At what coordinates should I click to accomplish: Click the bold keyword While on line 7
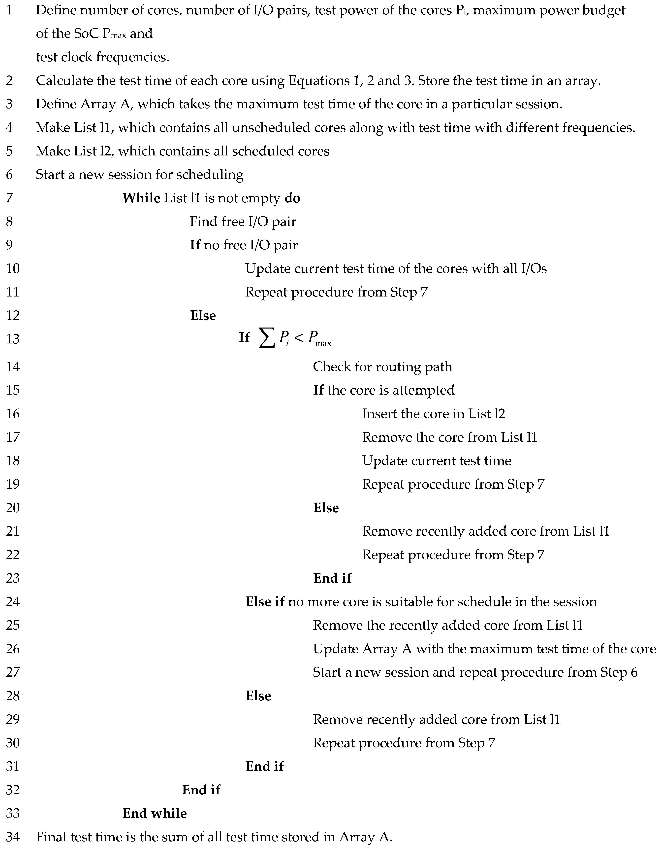tap(141, 198)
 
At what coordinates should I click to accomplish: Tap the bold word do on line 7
tap(292, 198)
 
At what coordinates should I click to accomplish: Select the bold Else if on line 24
tap(265, 602)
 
